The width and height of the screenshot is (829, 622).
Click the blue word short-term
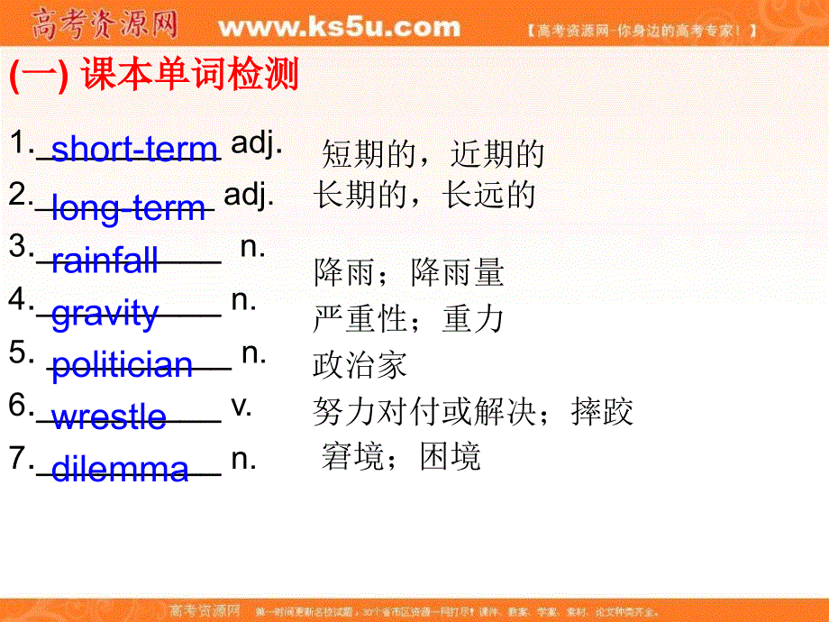(134, 149)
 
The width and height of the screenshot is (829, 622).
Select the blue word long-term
(129, 208)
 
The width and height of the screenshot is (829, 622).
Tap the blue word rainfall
(105, 261)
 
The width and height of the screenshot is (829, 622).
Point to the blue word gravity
(105, 314)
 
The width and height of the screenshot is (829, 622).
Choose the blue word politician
(122, 366)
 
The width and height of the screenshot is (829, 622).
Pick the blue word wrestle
(109, 417)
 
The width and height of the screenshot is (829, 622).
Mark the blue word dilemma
(120, 470)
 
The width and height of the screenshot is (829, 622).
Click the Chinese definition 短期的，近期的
(433, 155)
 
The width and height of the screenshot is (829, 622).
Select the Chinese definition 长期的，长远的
(424, 195)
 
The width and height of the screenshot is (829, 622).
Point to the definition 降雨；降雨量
(408, 272)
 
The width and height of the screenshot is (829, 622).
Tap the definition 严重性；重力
(408, 318)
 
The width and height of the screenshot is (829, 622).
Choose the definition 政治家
(360, 364)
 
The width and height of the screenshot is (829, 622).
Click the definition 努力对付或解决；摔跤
(473, 412)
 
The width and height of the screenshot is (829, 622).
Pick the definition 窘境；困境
(401, 457)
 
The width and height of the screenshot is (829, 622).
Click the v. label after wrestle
(241, 406)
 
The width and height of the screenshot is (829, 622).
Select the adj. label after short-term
(258, 142)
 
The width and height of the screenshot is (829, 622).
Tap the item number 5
(19, 353)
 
